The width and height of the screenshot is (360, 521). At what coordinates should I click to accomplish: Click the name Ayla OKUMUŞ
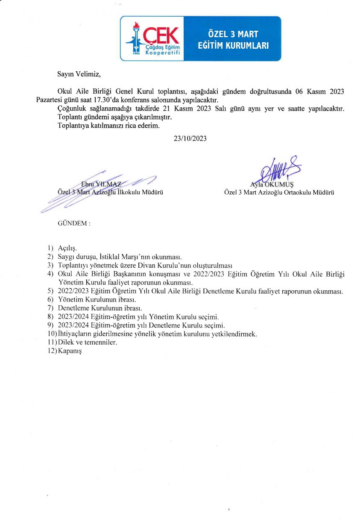coord(269,184)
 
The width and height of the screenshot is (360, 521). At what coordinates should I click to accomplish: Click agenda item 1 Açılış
coord(67,248)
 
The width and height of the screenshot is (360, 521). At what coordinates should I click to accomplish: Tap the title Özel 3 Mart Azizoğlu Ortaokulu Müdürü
coord(279,193)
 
